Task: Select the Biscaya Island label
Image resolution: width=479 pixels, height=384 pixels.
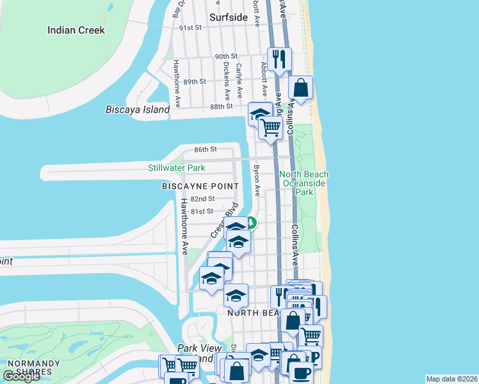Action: tap(138, 109)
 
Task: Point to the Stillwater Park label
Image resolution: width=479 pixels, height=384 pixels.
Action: tap(176, 168)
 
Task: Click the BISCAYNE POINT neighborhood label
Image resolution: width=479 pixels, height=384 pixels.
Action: tap(200, 186)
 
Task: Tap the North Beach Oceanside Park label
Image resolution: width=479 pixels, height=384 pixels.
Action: tap(304, 183)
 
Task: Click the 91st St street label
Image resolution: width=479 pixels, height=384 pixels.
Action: tap(190, 28)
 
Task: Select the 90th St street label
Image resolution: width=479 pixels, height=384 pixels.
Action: tap(226, 56)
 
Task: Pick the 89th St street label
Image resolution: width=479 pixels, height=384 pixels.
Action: tap(194, 82)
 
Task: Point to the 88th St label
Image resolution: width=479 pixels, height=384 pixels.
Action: tap(221, 106)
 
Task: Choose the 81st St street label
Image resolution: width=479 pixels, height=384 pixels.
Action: tap(200, 211)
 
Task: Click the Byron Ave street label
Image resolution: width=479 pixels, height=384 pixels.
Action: tap(257, 182)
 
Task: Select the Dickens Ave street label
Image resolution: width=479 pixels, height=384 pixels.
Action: tap(226, 76)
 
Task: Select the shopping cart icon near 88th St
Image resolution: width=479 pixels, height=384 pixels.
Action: tap(271, 127)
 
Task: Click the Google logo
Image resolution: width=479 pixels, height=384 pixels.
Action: tap(21, 376)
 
